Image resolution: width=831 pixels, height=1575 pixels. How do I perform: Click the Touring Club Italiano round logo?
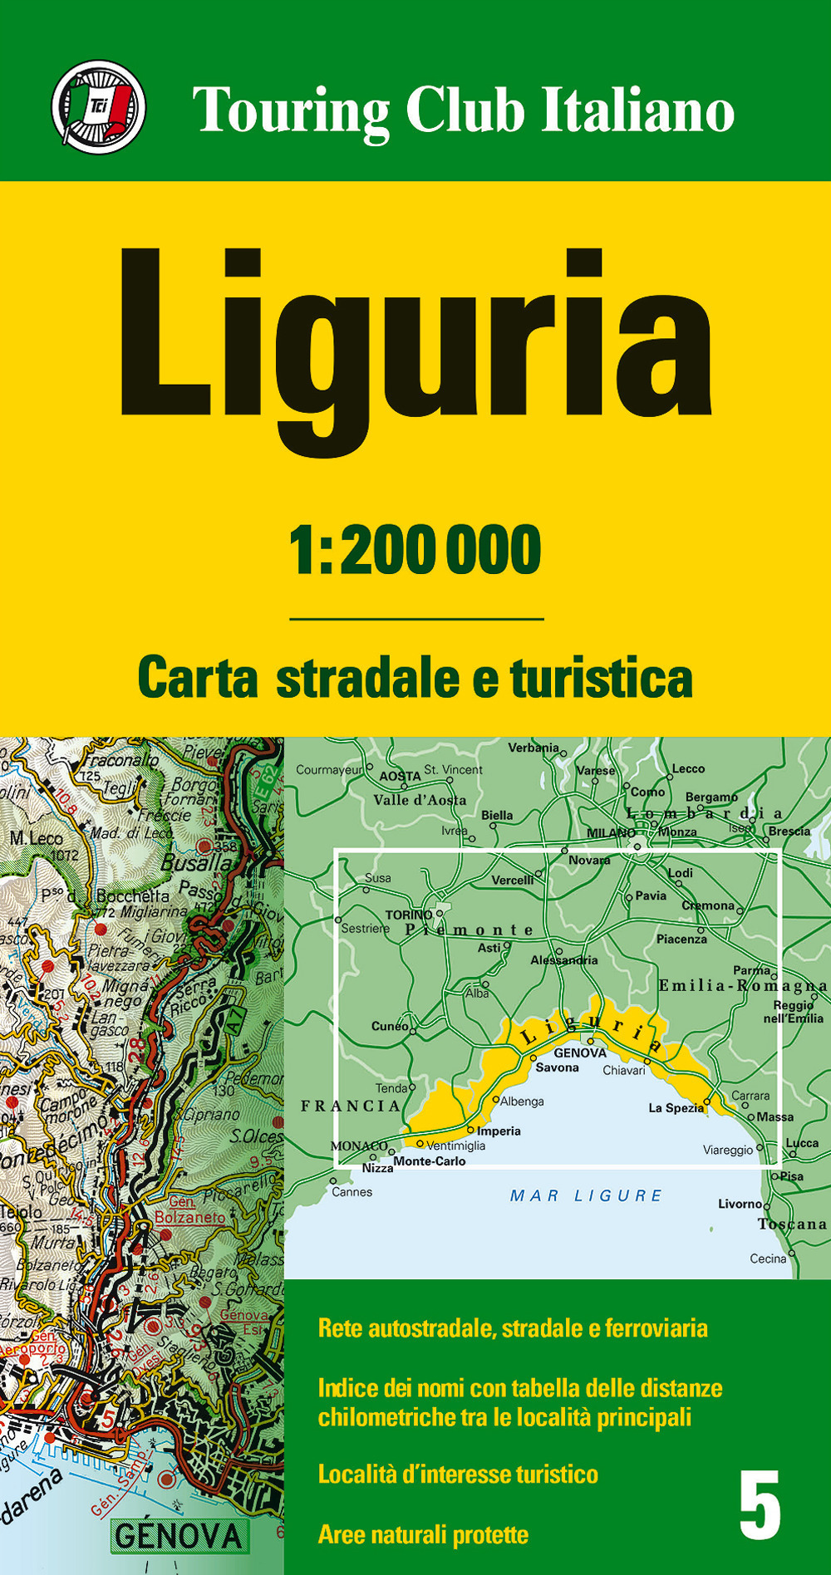click(98, 107)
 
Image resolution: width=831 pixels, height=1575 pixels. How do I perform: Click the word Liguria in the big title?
click(415, 345)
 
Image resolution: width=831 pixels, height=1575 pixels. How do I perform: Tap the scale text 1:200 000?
click(415, 551)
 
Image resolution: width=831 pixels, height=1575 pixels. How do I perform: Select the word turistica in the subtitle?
click(602, 678)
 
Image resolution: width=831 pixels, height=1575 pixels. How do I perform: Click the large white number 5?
click(760, 1504)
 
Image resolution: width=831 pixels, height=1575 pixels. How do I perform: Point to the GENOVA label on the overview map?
click(580, 1052)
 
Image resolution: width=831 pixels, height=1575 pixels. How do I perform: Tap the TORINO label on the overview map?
click(408, 915)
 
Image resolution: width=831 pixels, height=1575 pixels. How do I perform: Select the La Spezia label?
click(675, 1108)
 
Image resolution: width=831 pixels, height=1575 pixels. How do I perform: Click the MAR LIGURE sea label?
click(586, 1195)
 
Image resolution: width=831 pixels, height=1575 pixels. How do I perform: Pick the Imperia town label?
click(499, 1131)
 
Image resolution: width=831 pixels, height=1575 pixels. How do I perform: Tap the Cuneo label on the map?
click(389, 1026)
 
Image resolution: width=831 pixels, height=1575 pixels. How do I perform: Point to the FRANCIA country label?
click(350, 1106)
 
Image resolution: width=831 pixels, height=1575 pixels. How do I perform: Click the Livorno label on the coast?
click(740, 1204)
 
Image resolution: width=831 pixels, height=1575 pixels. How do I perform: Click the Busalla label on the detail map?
click(196, 862)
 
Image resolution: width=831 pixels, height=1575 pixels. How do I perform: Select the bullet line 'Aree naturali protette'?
click(423, 1534)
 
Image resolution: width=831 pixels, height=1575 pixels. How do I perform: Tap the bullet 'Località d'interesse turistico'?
click(458, 1474)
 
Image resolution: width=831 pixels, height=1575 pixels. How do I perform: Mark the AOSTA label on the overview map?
click(400, 776)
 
